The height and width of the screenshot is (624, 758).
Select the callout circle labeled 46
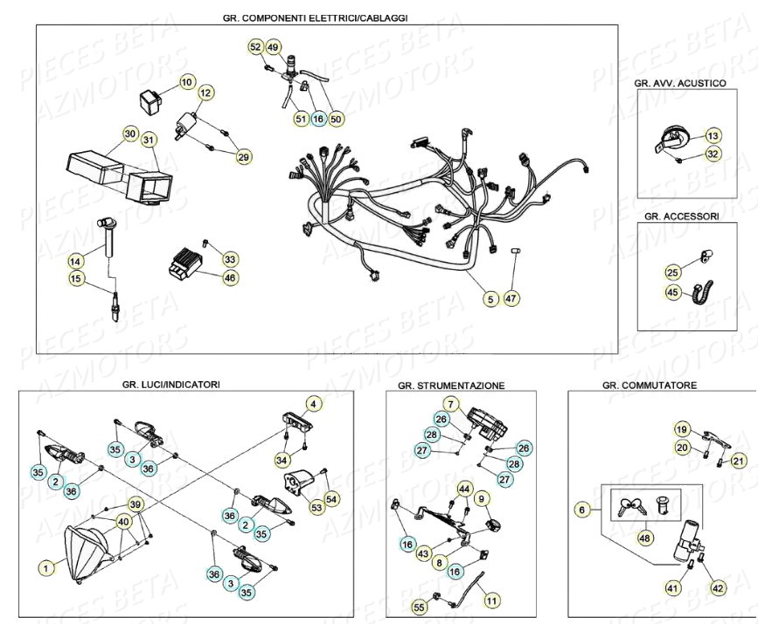(230, 277)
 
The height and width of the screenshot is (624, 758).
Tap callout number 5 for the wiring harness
(490, 298)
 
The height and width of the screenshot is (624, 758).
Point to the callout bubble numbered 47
(512, 298)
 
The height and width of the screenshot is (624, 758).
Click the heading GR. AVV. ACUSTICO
(680, 83)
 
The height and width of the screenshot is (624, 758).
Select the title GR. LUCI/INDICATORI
(171, 384)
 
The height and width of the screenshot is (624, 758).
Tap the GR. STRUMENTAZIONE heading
(450, 385)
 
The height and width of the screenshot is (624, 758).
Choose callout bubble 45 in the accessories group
(671, 292)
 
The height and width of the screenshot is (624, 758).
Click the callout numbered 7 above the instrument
(449, 404)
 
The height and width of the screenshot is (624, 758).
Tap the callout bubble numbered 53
(316, 506)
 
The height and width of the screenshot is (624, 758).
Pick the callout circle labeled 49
(274, 46)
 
